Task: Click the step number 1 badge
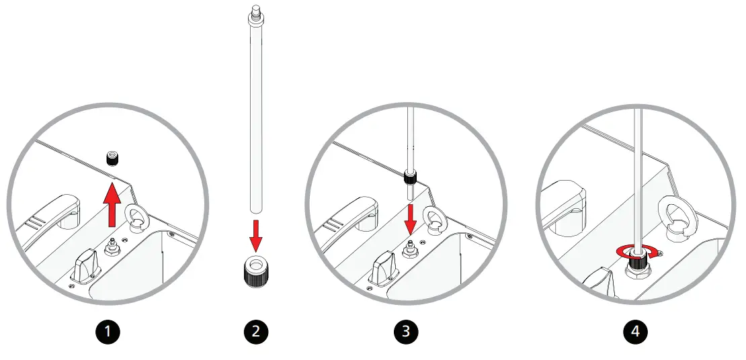109,331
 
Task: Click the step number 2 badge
256,331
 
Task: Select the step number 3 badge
407,331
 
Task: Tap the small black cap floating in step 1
113,159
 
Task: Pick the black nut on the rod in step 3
409,177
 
